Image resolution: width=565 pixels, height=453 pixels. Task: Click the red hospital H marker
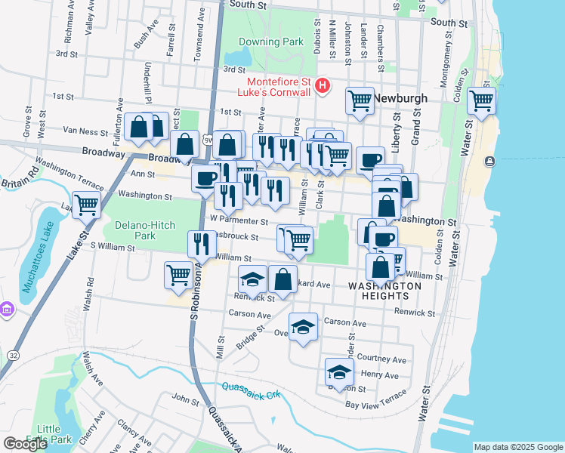point(323,86)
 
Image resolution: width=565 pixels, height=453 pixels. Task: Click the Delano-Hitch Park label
point(146,231)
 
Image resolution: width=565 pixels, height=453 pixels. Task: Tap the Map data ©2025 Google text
point(517,447)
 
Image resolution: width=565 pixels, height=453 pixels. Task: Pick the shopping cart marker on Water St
point(481,100)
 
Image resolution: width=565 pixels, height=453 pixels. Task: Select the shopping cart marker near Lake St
point(87,203)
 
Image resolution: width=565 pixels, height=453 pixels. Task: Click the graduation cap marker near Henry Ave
point(339,372)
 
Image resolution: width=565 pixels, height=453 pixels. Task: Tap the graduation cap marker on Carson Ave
point(303,327)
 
